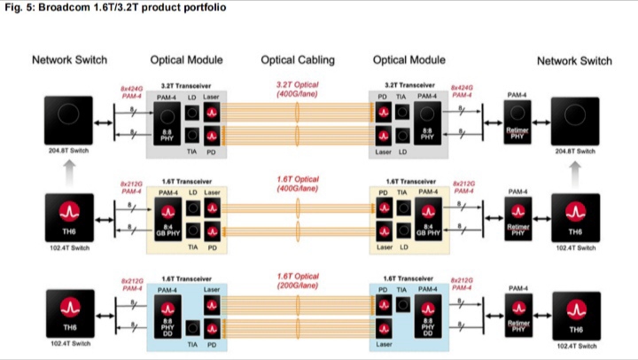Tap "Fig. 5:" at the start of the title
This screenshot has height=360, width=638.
tap(17, 7)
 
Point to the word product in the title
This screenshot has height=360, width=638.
tap(160, 7)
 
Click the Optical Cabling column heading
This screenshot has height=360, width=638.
tap(298, 60)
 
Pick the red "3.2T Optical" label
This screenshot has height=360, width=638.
tap(298, 85)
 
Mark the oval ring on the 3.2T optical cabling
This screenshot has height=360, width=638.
tap(299, 121)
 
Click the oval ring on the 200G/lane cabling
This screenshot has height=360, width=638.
tap(299, 313)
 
